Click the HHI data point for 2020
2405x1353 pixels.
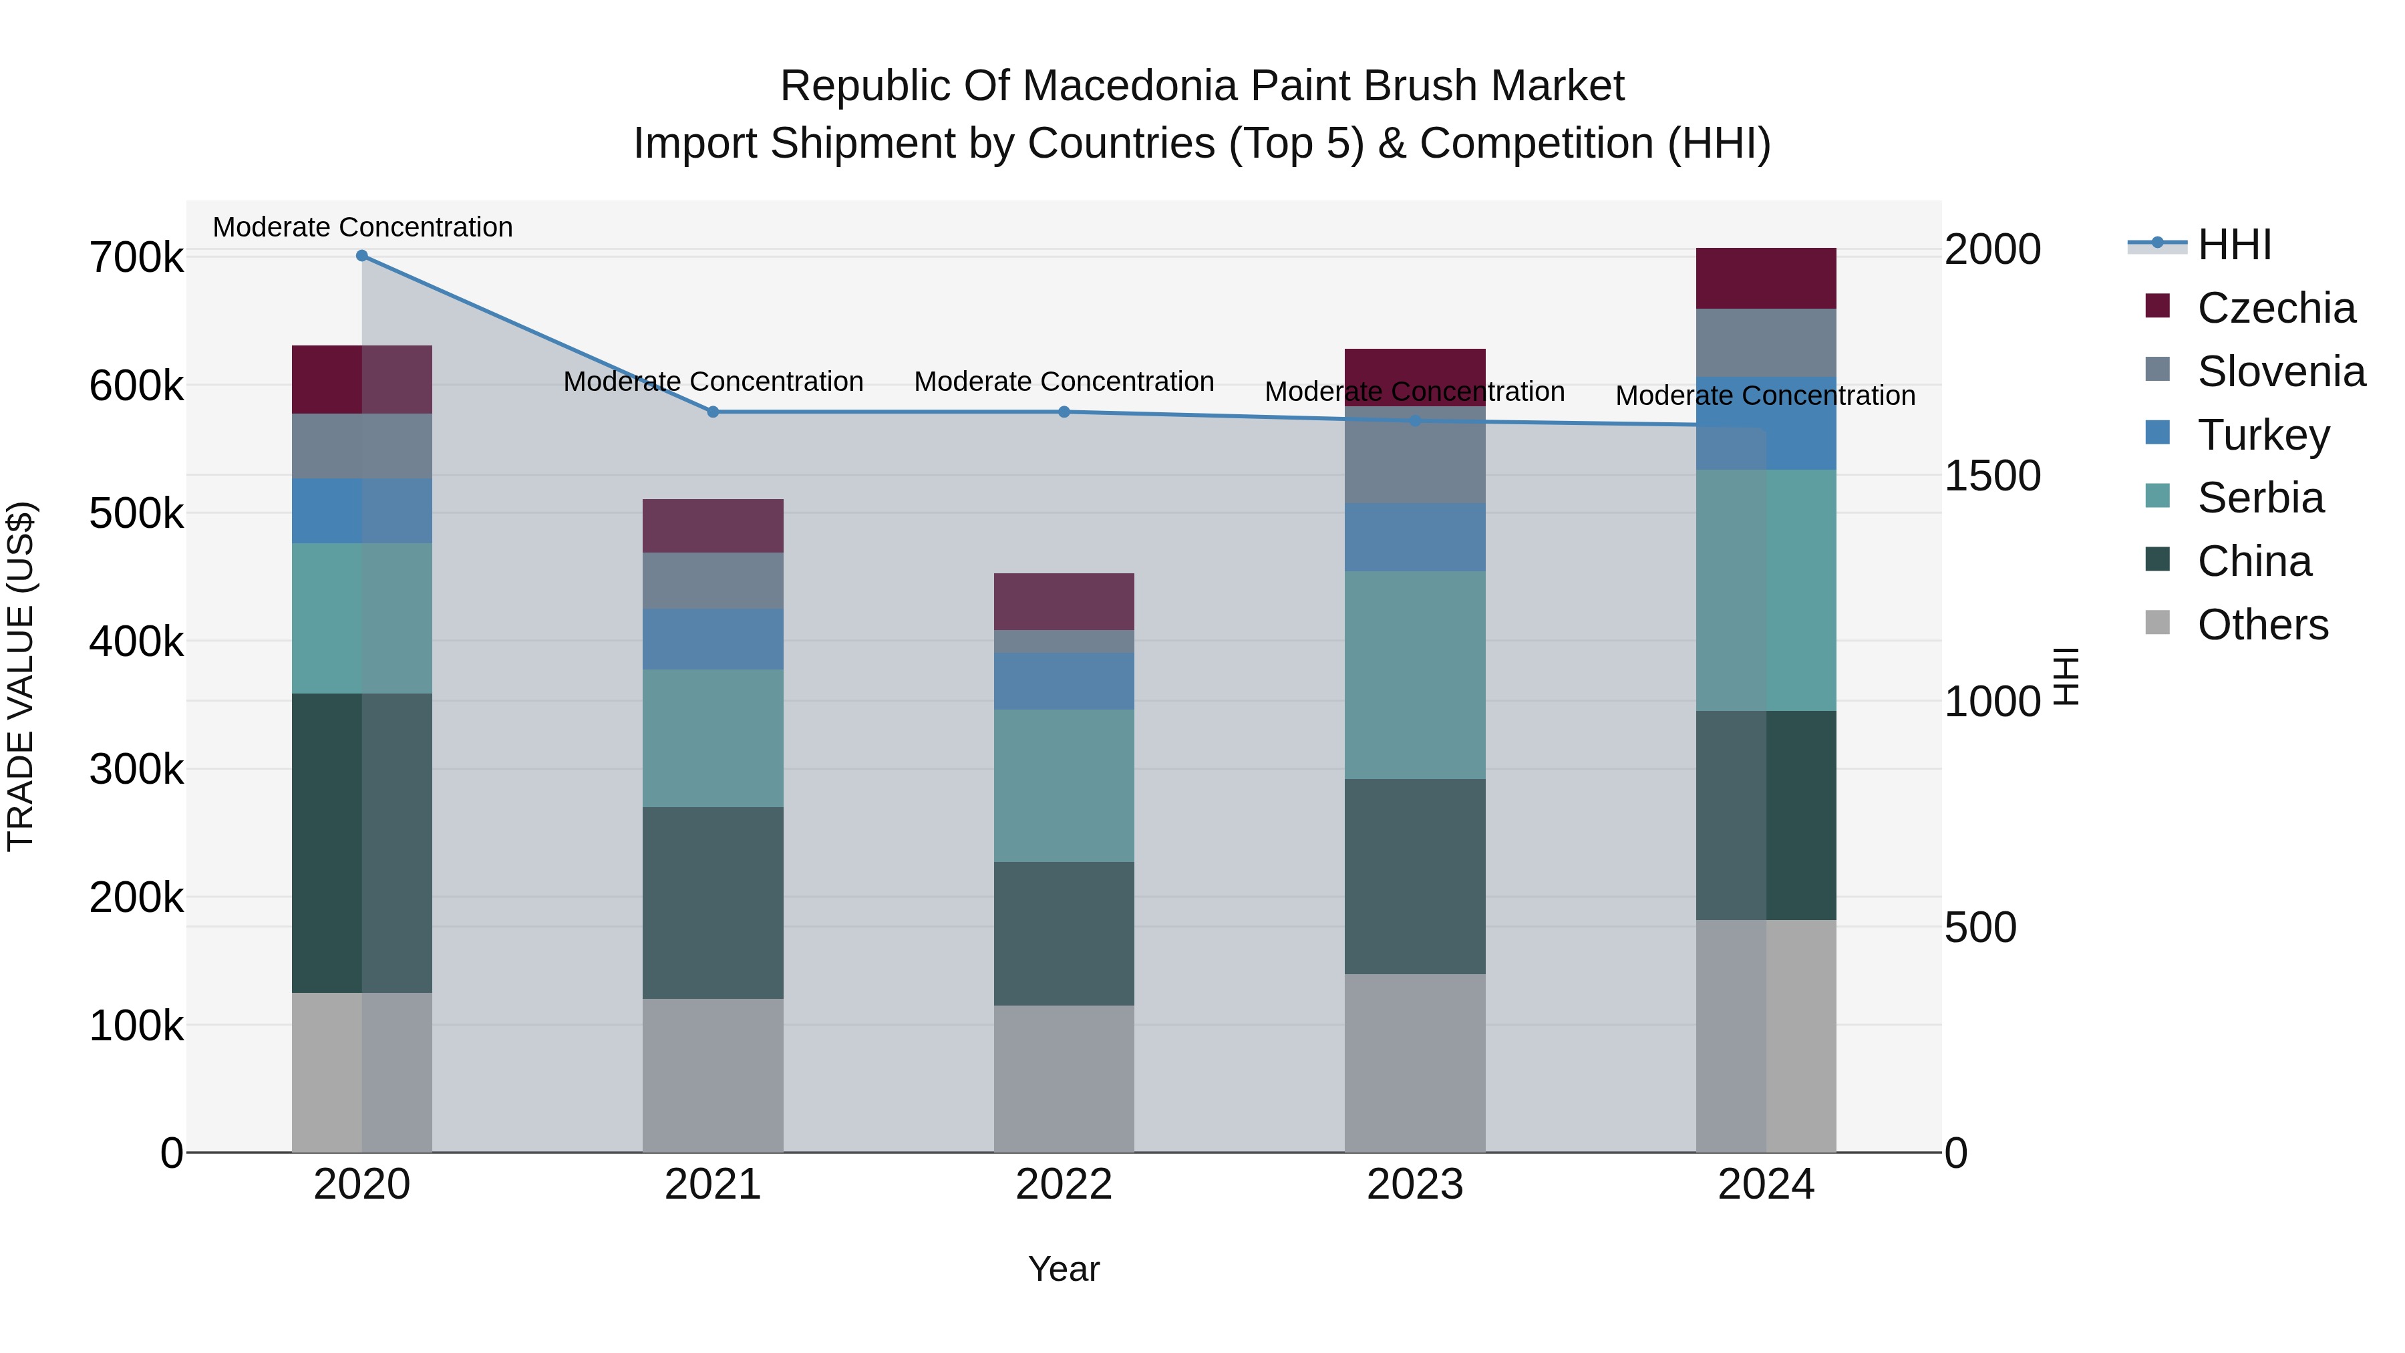point(362,256)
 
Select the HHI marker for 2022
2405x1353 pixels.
point(1064,412)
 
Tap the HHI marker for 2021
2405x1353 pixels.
point(713,412)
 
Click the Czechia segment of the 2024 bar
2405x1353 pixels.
point(1766,278)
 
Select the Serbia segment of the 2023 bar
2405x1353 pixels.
point(1414,675)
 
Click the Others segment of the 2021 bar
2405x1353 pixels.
point(713,1075)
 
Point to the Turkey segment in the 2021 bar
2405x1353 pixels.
point(713,639)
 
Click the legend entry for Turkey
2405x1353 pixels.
point(2263,435)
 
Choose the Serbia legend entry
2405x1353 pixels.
point(2260,498)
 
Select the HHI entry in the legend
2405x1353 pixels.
point(2234,245)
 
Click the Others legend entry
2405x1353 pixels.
point(2262,625)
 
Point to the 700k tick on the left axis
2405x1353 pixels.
point(136,258)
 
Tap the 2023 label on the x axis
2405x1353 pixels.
point(1414,1185)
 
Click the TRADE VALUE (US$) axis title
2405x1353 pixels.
point(21,676)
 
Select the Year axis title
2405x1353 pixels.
point(1064,1269)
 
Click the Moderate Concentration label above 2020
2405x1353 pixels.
point(362,227)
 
